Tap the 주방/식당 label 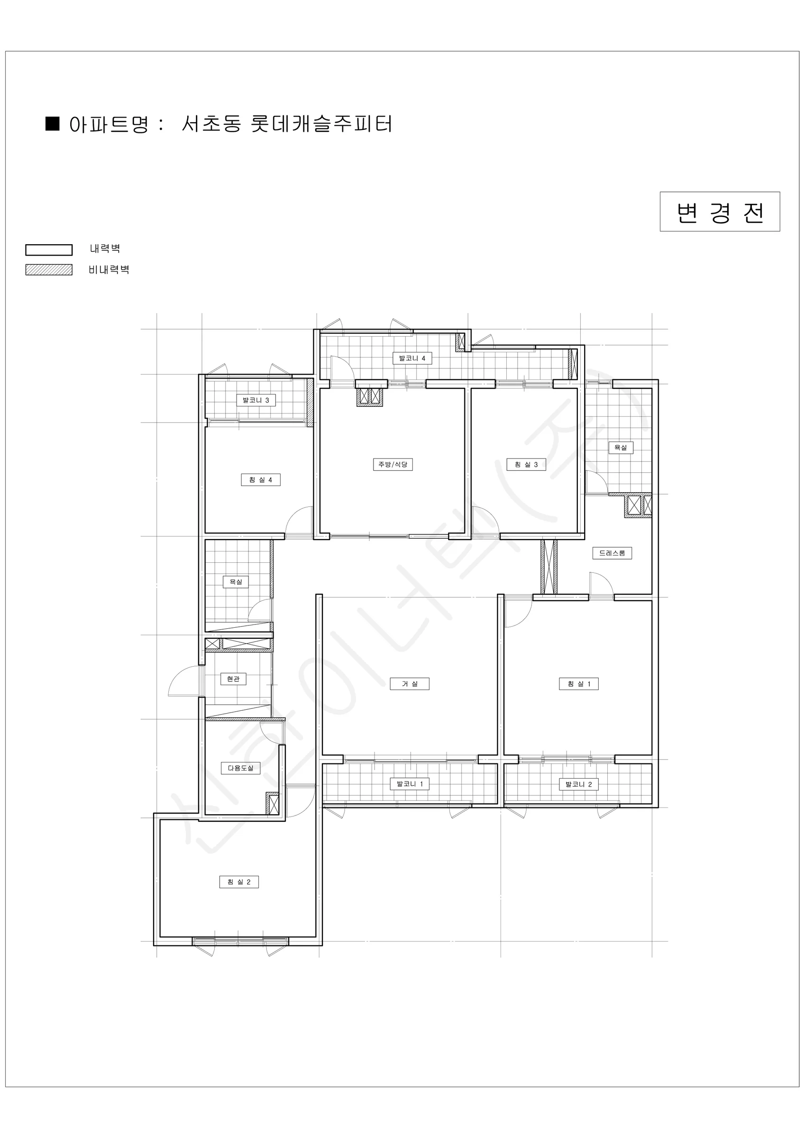point(393,464)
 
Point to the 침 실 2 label point(239,882)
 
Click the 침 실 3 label point(526,464)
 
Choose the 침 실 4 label point(261,480)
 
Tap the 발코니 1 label point(410,784)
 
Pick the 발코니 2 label point(578,784)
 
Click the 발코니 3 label point(256,400)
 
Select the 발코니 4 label point(412,358)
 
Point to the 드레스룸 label point(612,553)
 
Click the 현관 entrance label point(233,679)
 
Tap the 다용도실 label point(240,768)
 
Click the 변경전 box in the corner point(720,211)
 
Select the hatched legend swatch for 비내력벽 point(49,270)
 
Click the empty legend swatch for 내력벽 point(49,250)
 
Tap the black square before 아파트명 point(53,123)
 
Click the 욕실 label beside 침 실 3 point(621,448)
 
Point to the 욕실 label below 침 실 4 point(236,581)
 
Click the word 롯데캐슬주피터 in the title point(322,124)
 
